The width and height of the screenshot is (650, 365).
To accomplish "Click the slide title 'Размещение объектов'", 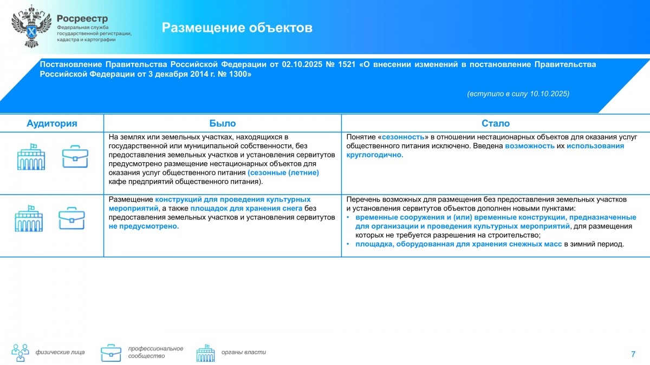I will pos(237,28).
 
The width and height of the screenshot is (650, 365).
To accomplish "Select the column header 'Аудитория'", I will pos(52,123).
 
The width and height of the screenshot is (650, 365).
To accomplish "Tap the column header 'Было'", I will pos(223,123).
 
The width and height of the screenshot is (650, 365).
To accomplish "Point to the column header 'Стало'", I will pos(496,123).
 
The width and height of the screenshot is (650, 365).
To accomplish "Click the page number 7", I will pos(633,354).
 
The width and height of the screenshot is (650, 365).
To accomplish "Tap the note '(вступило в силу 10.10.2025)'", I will pos(518,94).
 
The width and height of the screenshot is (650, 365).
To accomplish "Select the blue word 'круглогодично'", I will pos(375,155).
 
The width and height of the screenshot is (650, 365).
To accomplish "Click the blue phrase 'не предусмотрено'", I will pos(144,226).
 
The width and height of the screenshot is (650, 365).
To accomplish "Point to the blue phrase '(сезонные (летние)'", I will pos(283,172).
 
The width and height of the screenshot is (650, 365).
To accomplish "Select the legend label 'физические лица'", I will pos(60,353).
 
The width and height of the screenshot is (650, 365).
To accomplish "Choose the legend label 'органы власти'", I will pos(244,353).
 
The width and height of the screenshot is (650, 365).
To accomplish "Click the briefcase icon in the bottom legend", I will pos(111,353).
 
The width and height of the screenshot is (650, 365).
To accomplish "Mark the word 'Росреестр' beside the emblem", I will pos(82,18).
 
